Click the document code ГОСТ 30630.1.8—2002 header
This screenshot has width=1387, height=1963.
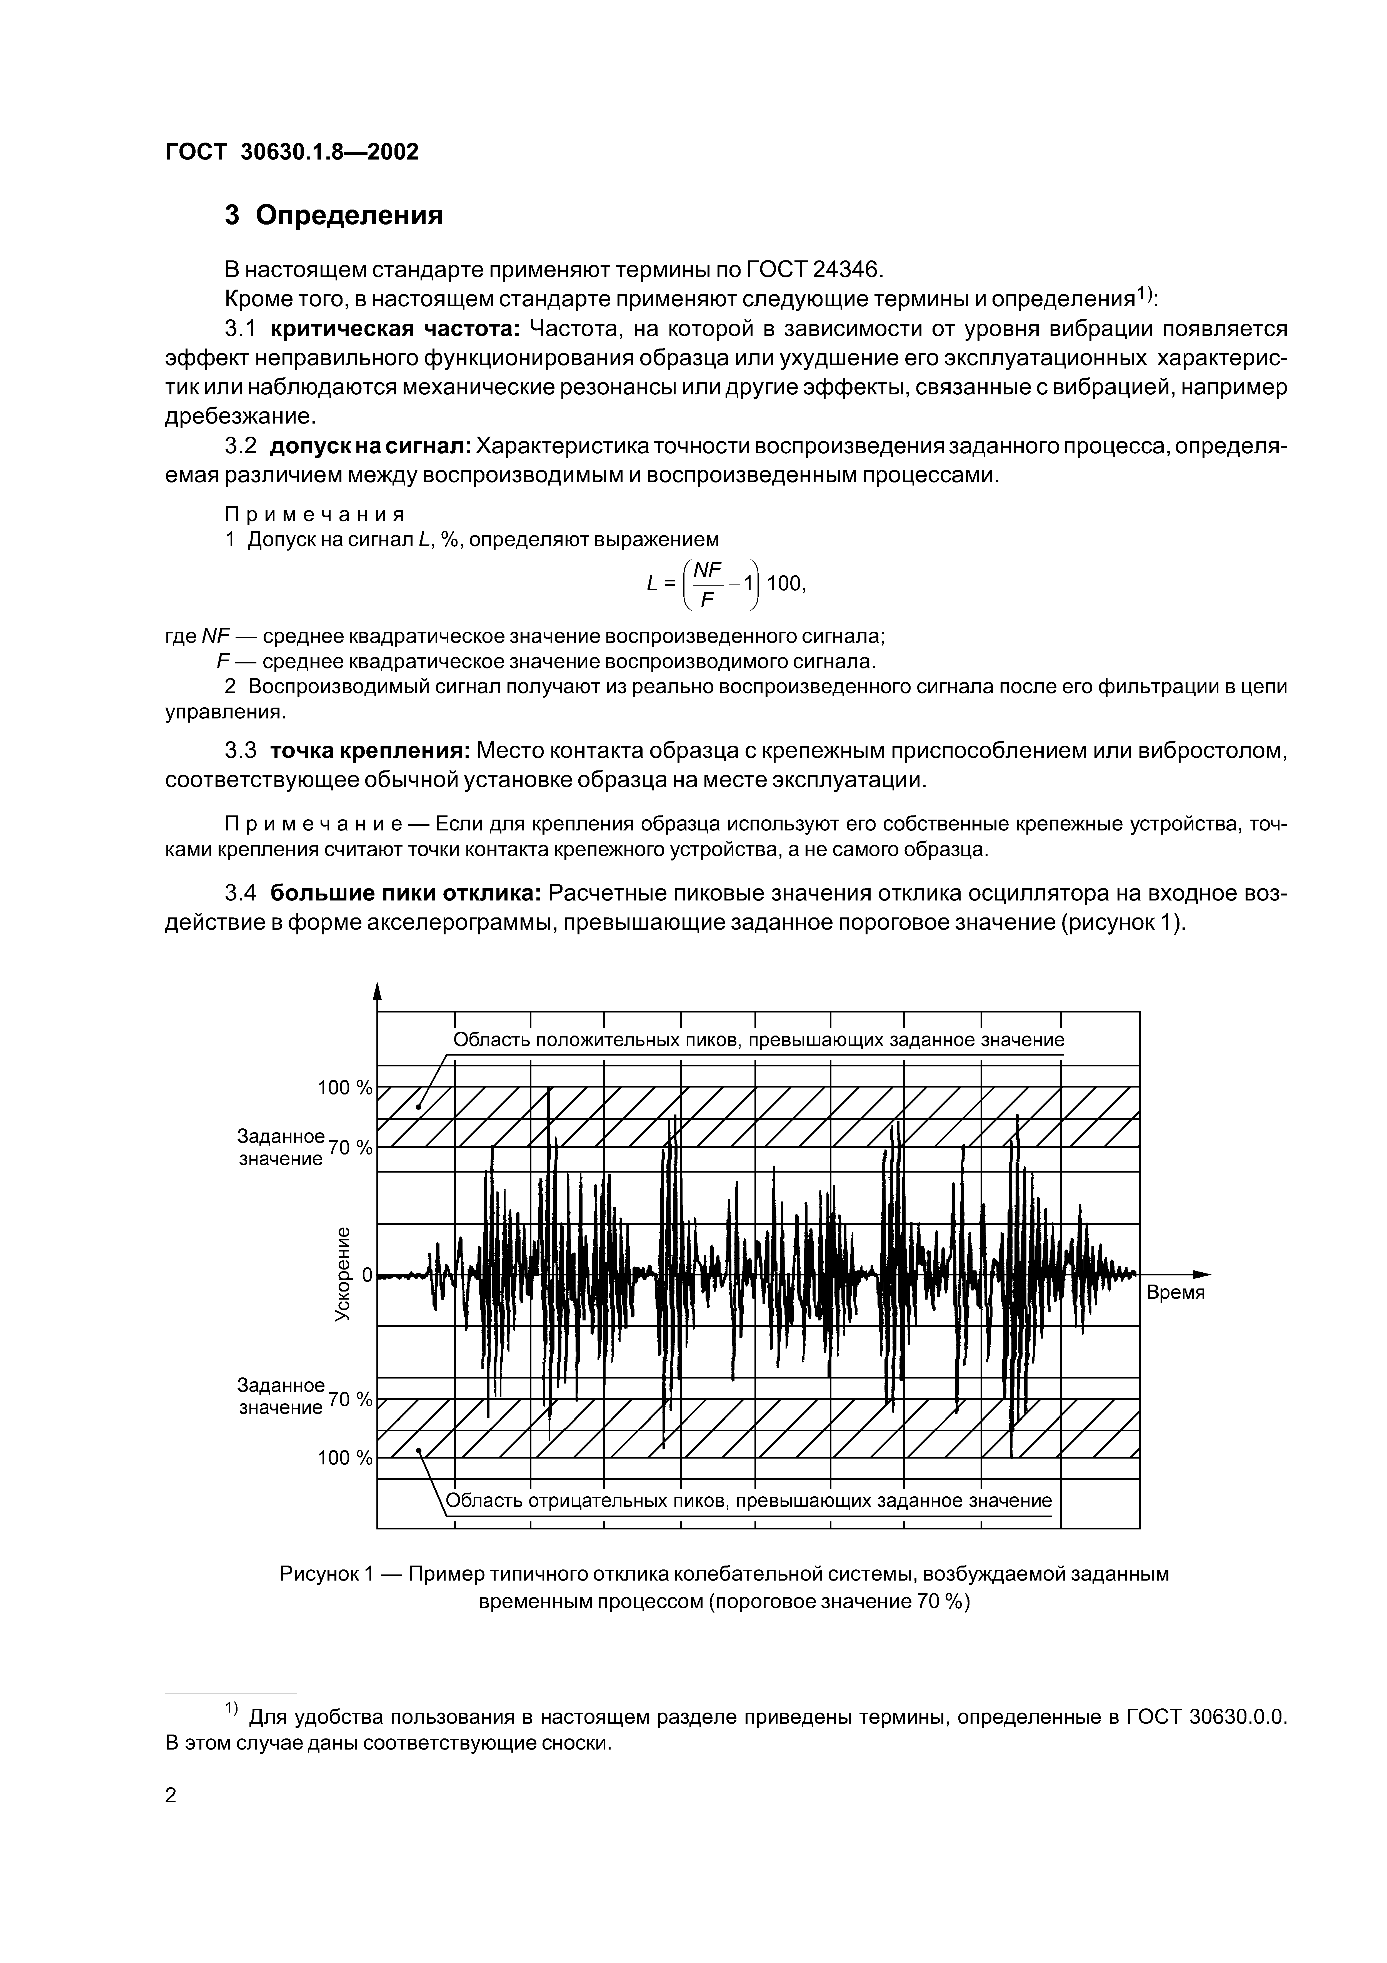pos(291,152)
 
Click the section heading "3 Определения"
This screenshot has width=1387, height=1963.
pos(334,215)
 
